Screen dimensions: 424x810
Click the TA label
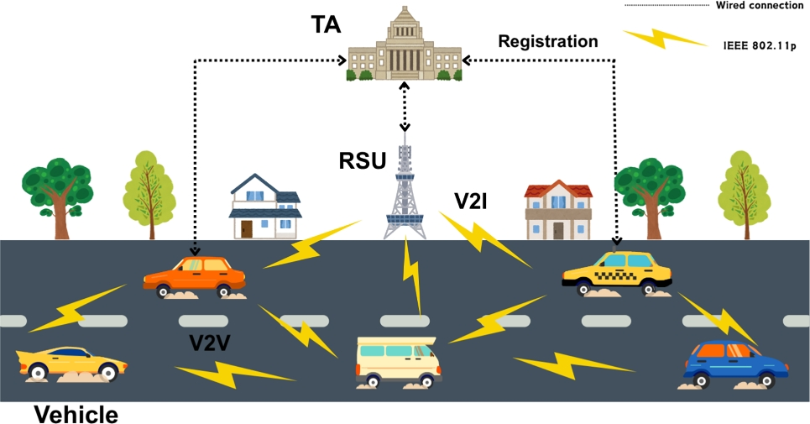325,26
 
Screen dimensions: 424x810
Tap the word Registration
547,41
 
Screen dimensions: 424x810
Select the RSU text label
362,160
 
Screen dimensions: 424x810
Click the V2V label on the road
210,343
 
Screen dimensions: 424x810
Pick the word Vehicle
76,413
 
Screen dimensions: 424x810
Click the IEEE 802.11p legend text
759,45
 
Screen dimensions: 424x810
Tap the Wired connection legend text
759,6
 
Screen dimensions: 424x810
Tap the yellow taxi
617,271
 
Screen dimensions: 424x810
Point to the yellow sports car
72,363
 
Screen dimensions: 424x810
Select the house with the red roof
557,211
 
